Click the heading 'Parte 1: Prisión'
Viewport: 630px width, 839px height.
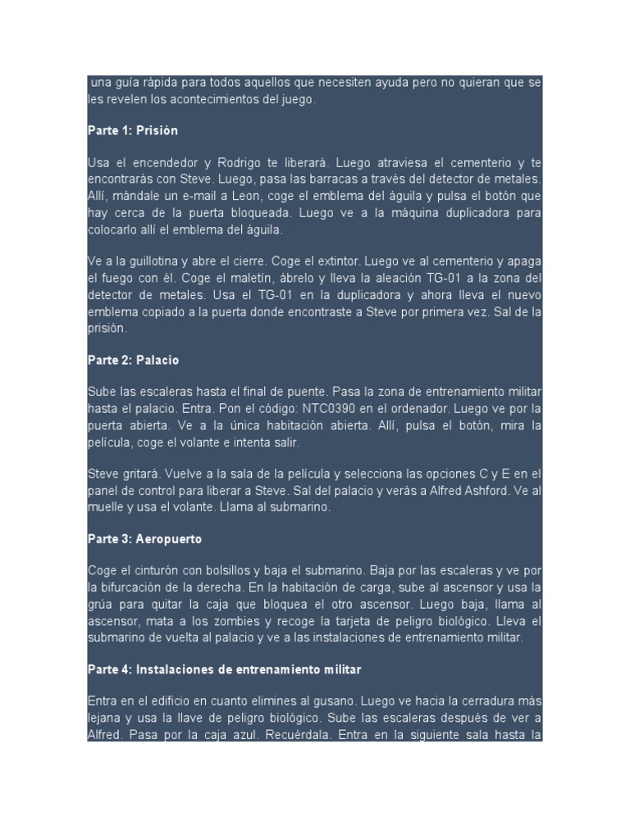click(133, 130)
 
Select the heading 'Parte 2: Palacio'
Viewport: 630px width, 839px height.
click(133, 360)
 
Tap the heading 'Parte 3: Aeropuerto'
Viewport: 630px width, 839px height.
click(144, 540)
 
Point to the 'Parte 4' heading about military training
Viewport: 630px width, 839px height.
click(224, 669)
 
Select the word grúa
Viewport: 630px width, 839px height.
click(103, 605)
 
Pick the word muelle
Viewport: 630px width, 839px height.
click(108, 507)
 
